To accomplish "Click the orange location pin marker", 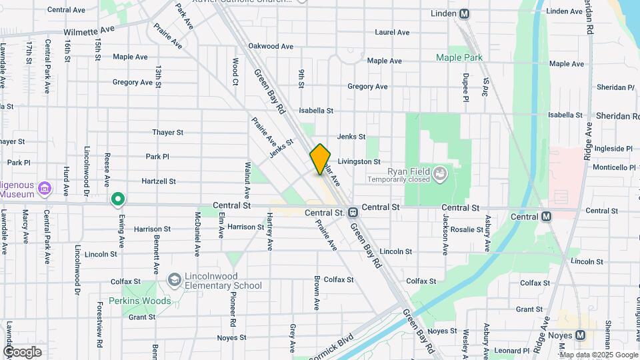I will (x=320, y=159).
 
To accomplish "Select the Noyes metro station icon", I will (x=579, y=335).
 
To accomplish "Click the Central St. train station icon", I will (x=353, y=213).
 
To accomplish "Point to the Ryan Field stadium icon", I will (x=439, y=175).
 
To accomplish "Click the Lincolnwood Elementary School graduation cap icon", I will (x=175, y=279).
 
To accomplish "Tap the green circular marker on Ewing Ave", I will (x=118, y=198).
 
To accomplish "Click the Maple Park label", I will (x=459, y=58).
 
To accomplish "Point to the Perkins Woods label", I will (x=140, y=301).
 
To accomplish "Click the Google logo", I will (x=22, y=351).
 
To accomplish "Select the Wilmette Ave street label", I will (x=89, y=31).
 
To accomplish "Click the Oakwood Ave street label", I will (x=271, y=46).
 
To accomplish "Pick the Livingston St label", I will (x=359, y=161).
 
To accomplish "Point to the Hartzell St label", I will (x=159, y=181).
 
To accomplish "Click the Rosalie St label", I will (x=467, y=229).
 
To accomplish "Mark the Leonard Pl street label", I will (x=512, y=351).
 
